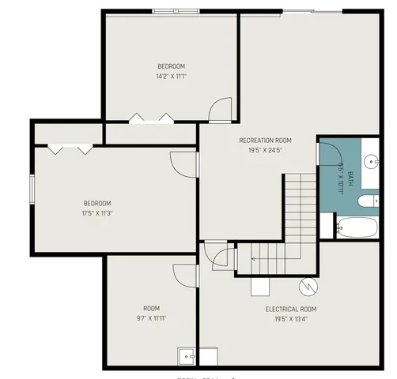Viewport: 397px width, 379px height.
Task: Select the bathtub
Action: point(357,228)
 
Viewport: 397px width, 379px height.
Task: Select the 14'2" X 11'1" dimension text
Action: point(171,77)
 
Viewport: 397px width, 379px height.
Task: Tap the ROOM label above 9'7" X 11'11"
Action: point(151,308)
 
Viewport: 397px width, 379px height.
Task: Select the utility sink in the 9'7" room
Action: point(187,357)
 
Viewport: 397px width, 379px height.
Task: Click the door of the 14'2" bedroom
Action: point(221,110)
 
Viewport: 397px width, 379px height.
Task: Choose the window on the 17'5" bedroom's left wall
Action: point(32,189)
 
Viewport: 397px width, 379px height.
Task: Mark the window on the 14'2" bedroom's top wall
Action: point(175,11)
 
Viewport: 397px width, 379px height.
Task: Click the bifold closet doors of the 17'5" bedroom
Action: point(70,148)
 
